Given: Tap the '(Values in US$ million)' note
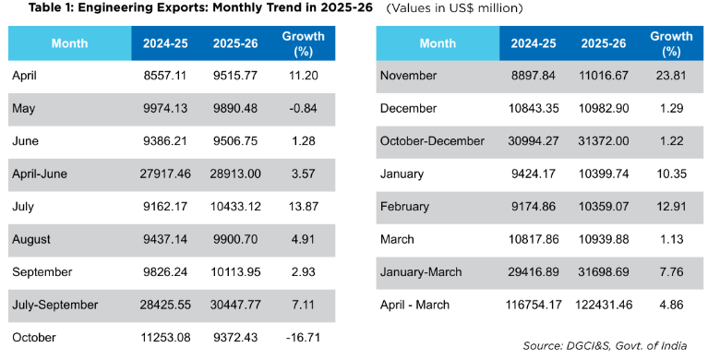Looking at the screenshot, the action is (454, 8).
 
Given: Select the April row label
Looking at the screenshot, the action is (24, 76).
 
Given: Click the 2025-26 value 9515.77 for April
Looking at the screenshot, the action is (235, 76).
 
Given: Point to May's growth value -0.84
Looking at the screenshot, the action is (301, 108).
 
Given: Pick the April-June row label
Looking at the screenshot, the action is (40, 174).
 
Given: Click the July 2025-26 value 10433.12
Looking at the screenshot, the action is (235, 207).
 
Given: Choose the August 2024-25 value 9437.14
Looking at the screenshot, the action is (165, 239).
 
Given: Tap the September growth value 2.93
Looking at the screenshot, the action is (303, 271).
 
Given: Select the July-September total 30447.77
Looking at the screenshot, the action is (235, 305).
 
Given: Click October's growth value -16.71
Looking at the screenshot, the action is (303, 338).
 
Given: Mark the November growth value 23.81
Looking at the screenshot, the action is (671, 76).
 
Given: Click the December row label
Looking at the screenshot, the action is (408, 108).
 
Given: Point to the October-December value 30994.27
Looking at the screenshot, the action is (534, 141).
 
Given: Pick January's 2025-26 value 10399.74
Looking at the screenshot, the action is (604, 174).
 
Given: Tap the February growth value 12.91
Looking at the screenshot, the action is (671, 207).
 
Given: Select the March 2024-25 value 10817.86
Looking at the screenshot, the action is (534, 239).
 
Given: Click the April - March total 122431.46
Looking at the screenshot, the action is (604, 305).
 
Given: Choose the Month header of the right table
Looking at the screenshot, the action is (438, 43).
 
